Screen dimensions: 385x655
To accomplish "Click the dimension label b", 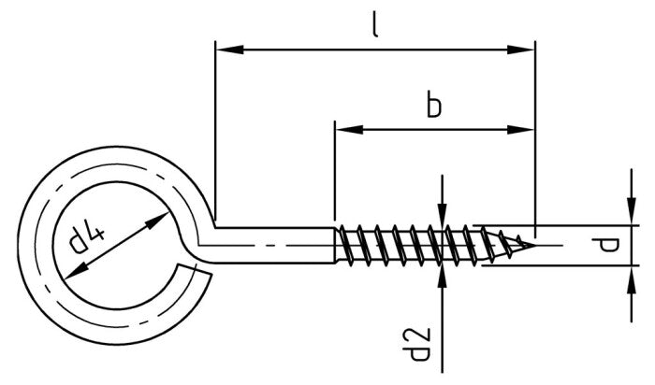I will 433,105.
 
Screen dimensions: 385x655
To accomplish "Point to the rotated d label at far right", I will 608,246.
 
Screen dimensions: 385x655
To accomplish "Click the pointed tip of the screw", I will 534,246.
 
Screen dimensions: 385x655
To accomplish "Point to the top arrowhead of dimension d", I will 629,216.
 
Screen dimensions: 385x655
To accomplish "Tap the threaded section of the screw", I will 412,246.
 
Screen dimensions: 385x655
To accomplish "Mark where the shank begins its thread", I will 335,245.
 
